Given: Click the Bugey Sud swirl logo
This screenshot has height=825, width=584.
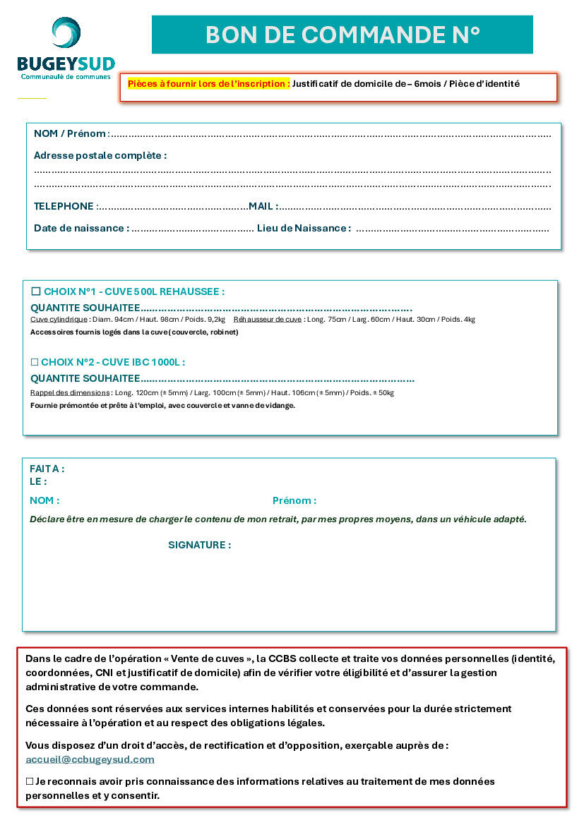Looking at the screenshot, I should pos(66,34).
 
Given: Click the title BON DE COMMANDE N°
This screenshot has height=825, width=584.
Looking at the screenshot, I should pos(342,35).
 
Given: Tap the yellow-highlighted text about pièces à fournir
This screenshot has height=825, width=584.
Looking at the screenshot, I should pos(208,84).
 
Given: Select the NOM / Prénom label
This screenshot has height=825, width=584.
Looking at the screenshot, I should pos(71,133).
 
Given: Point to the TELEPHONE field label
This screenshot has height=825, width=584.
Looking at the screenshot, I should pos(64,206).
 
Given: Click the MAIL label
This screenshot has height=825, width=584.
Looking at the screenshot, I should pos(262,206).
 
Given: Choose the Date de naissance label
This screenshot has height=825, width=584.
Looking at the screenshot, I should pos(81,228).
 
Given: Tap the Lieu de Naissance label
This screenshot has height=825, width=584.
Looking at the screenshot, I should pos(304,228).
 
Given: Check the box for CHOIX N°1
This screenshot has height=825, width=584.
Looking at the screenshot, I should pos(36,291).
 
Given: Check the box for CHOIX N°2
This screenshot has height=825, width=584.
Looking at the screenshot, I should pos(35,362).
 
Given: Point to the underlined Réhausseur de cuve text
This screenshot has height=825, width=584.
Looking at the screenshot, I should pos(267,320).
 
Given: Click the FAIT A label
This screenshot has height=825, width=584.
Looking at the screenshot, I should pos(47,469).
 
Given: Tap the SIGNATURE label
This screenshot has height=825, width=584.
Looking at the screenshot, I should pos(199,545).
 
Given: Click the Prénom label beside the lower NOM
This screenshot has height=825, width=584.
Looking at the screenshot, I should pos(294,500).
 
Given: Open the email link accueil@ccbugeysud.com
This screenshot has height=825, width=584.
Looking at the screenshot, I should pos(90,759).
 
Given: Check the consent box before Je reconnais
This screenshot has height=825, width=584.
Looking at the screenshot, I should pos(30,781).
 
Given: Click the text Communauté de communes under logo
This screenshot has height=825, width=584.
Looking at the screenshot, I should pos(66,76).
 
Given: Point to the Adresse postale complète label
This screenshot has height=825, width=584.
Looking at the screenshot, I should pos(100,155).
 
